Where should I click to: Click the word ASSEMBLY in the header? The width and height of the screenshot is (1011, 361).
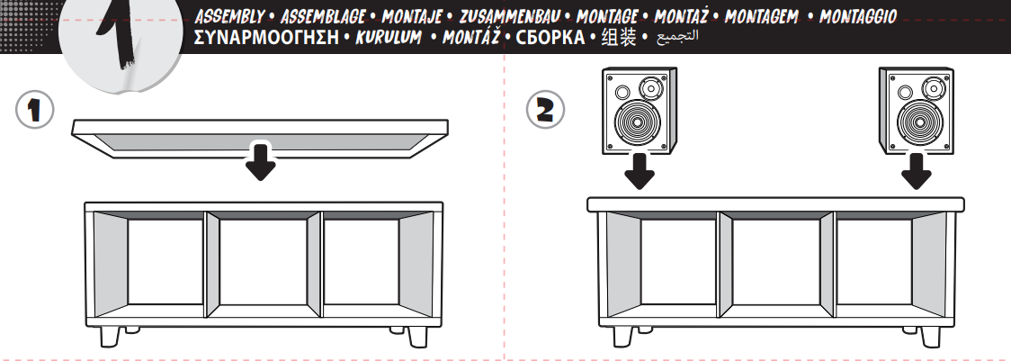click(228, 16)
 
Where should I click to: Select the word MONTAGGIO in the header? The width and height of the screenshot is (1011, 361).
click(857, 16)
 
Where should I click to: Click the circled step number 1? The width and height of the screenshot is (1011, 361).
click(34, 109)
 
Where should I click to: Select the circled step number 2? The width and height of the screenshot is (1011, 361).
click(545, 109)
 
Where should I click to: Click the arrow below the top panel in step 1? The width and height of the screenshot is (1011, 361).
click(261, 161)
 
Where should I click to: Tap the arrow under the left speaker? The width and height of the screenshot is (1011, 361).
click(639, 170)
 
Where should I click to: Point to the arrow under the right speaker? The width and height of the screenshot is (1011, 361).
click(916, 170)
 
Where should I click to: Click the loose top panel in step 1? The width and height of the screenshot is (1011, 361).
click(260, 139)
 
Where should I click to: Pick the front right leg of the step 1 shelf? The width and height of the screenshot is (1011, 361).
click(417, 337)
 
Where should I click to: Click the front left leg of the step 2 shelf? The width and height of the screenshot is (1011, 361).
click(622, 337)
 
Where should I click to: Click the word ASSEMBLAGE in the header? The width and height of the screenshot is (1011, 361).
click(323, 16)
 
